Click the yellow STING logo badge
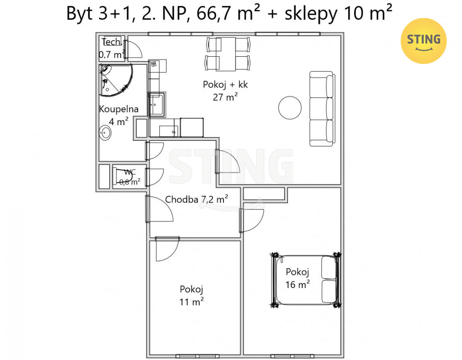point(423,41)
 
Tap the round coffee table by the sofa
point(290,108)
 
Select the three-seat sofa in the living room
point(322,108)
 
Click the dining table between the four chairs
point(226,54)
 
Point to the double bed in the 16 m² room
point(306,280)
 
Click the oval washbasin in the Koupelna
point(105,133)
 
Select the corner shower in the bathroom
point(115,80)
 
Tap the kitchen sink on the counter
point(156,104)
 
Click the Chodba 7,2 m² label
point(196,199)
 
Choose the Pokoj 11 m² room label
point(191,295)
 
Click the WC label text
point(130,172)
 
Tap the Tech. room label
point(111,42)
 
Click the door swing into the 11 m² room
point(167,249)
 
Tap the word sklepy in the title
point(311,14)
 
